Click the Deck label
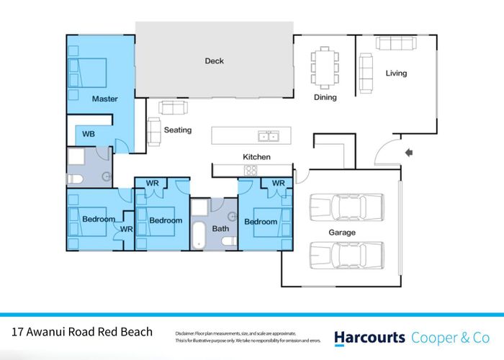coord(214,61)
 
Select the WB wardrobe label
coord(88,134)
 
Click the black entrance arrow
coord(409,152)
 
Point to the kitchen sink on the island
coord(269,135)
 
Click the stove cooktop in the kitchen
coord(251,170)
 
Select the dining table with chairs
coord(323,66)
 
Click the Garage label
coord(342,233)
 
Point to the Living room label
coord(396,73)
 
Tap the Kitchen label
coord(256,156)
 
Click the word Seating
coord(177,130)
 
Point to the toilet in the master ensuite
coord(75,179)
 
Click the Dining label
coord(325,97)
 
